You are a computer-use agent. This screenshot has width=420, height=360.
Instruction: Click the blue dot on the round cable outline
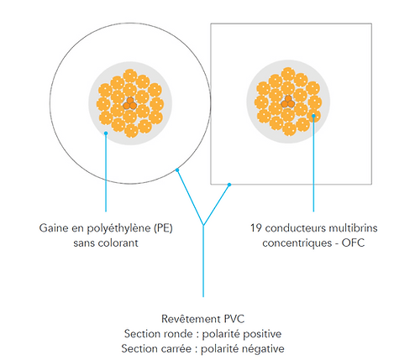177,170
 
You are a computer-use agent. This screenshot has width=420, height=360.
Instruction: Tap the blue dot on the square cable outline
229,185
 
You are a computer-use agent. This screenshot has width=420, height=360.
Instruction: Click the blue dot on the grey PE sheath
106,133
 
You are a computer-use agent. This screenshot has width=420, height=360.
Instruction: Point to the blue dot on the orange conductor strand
313,116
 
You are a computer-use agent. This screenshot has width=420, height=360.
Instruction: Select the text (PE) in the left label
163,228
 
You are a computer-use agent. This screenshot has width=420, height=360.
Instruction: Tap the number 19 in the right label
256,228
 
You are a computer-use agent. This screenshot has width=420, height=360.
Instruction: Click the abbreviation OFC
353,243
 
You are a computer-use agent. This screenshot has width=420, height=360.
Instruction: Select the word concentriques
296,243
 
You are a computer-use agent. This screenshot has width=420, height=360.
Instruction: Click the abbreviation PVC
234,319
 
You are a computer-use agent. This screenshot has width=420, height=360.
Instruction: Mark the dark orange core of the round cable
130,104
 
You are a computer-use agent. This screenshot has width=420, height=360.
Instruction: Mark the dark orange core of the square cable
288,102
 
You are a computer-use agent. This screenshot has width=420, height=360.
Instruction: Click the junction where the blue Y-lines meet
203,225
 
